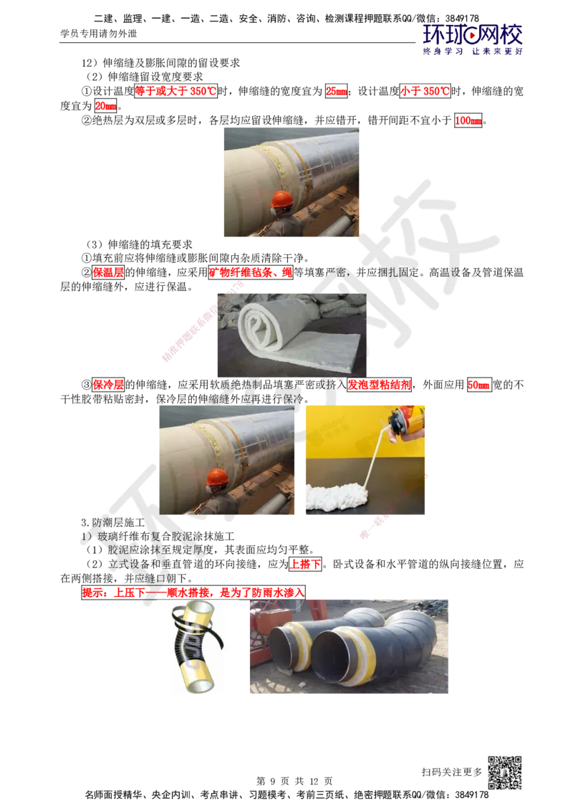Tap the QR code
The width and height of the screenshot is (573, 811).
(505, 773)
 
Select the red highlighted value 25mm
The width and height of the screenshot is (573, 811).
(337, 92)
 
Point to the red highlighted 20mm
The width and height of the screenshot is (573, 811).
(106, 106)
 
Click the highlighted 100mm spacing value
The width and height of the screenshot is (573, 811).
(468, 120)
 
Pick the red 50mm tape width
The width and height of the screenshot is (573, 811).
(478, 385)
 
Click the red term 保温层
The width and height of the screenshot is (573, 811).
(108, 272)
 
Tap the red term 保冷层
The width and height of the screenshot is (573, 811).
(108, 385)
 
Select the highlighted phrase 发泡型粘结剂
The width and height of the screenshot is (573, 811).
(379, 385)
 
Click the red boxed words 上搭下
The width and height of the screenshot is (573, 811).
(305, 564)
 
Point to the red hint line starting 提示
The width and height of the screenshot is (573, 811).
(193, 592)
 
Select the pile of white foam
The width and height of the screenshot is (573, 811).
(337, 496)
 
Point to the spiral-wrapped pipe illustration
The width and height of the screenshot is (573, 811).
(196, 646)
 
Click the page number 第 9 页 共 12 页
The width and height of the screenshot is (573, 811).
(294, 781)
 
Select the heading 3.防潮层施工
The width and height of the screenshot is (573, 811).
(112, 522)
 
